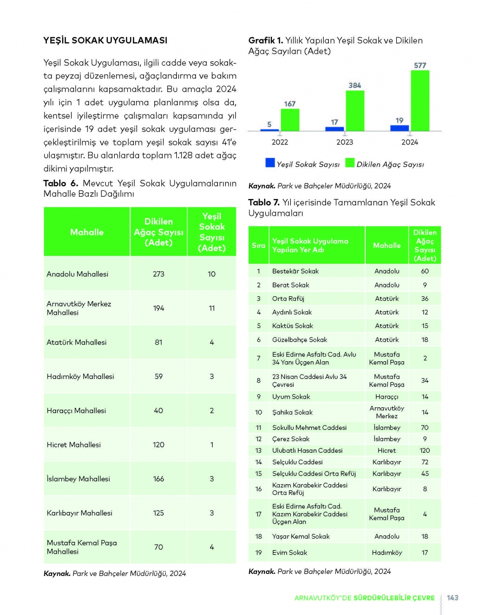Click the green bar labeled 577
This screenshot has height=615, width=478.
[x=420, y=101]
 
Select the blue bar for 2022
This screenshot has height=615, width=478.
[x=270, y=130]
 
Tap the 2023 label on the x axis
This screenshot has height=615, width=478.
[x=345, y=142]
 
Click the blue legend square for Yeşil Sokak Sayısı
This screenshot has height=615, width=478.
[x=270, y=163]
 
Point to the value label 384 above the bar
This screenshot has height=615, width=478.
[x=355, y=85]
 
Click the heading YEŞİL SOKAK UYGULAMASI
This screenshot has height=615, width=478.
[x=105, y=40]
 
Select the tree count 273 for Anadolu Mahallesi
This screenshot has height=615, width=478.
[x=159, y=274]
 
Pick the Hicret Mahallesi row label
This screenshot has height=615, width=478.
[x=74, y=445]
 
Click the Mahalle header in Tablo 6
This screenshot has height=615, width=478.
[x=87, y=232]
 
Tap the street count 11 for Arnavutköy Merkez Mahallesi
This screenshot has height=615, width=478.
[x=212, y=308]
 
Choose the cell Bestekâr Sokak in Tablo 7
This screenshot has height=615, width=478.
[x=295, y=271]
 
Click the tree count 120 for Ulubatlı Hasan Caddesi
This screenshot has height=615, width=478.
[x=424, y=450]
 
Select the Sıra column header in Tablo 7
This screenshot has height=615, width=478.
[x=259, y=245]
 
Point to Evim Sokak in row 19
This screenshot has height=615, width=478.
[x=290, y=552]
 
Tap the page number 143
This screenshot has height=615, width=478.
[x=452, y=598]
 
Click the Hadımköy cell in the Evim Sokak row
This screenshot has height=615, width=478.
[x=387, y=552]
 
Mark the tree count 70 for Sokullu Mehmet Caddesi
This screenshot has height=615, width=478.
[x=424, y=427]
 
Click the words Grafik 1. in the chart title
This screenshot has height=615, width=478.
[x=266, y=40]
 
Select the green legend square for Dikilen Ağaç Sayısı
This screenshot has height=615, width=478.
[x=350, y=163]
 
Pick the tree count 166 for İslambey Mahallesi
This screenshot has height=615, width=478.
[x=159, y=479]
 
